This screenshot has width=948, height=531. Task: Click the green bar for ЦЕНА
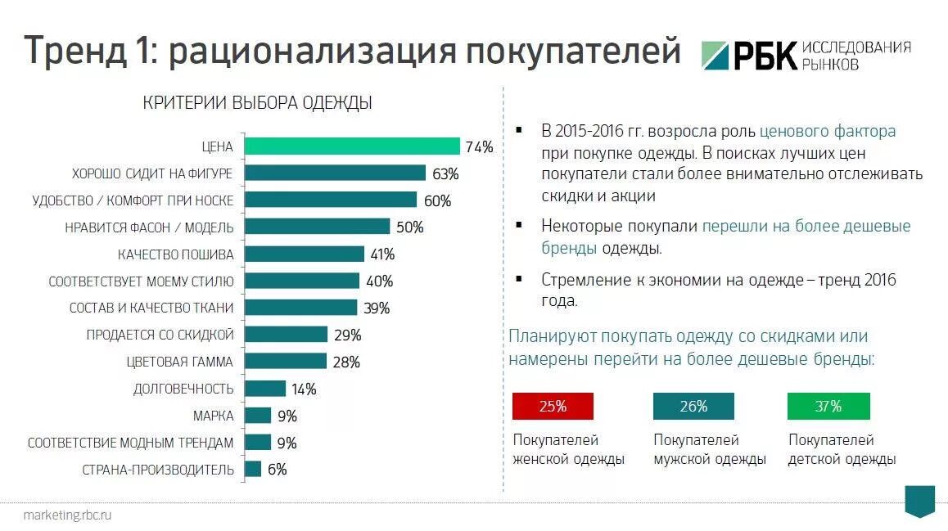[352, 146]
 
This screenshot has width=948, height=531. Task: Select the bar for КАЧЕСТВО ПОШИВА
[305, 254]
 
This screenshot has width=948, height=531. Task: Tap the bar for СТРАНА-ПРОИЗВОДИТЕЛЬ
[253, 470]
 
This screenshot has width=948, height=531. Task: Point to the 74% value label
[479, 147]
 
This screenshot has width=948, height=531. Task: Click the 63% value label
[445, 173]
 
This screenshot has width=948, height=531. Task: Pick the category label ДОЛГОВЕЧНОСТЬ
[183, 389]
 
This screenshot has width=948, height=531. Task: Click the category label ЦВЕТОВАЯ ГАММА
[179, 362]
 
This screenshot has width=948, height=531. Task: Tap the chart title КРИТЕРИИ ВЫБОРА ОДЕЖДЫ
[257, 103]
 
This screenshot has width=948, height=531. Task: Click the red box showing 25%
[553, 406]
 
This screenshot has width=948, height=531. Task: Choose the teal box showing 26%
[693, 406]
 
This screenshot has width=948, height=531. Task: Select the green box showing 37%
[828, 406]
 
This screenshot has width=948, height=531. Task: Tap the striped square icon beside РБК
[716, 55]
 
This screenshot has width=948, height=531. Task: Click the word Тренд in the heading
[74, 51]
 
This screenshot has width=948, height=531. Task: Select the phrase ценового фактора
[828, 131]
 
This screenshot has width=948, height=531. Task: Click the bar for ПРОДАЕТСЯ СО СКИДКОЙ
[286, 335]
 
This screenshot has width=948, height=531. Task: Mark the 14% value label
[304, 389]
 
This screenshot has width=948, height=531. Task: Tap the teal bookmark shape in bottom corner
[919, 500]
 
